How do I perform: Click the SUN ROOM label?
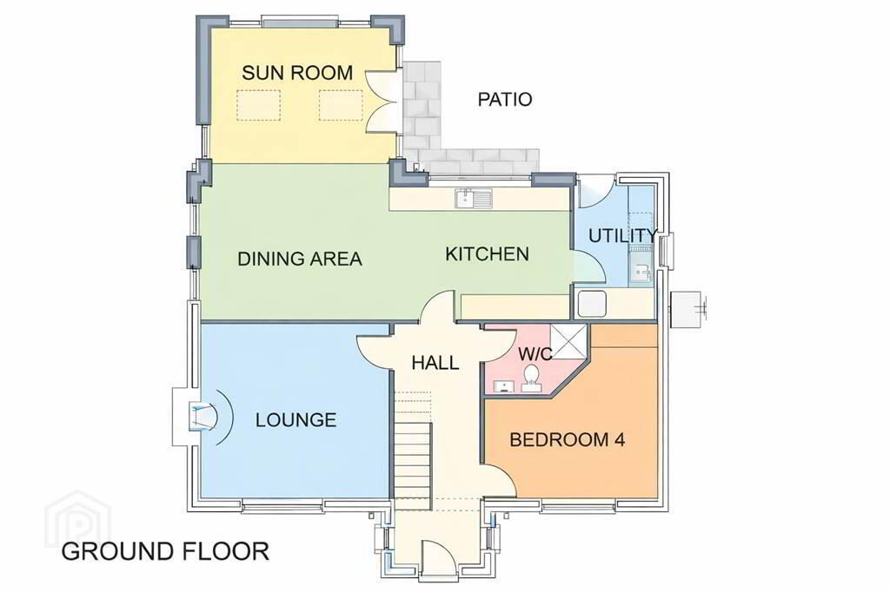click(297, 73)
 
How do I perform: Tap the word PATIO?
click(505, 99)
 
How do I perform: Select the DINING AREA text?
click(299, 259)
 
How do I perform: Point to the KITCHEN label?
click(487, 253)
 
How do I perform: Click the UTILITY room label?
click(622, 235)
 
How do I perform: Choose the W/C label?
click(535, 354)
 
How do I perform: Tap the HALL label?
click(435, 362)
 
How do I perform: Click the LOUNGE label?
click(296, 420)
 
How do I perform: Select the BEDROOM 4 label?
click(567, 439)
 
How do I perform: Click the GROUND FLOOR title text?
click(165, 551)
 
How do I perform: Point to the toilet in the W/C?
click(531, 378)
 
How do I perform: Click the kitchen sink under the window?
click(474, 198)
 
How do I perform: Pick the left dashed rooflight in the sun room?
click(259, 105)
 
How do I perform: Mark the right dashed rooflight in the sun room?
click(341, 105)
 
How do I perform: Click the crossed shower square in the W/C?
click(568, 341)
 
